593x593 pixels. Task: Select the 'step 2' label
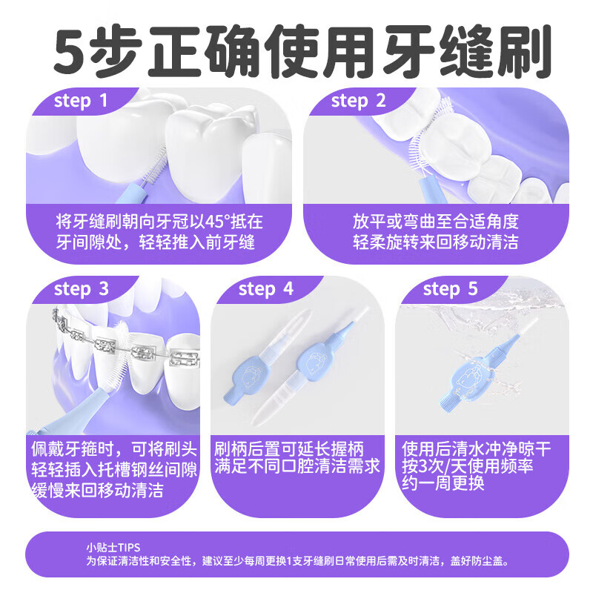[x=359, y=102]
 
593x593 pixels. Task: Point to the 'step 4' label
[x=267, y=289]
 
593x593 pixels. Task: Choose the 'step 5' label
[x=451, y=289]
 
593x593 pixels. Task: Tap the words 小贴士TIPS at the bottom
[x=113, y=548]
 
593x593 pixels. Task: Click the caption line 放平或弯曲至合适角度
[x=435, y=222]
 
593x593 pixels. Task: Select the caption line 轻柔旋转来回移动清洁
[x=435, y=242]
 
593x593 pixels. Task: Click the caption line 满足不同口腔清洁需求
[x=297, y=468]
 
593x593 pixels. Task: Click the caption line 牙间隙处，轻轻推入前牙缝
[x=156, y=242]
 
